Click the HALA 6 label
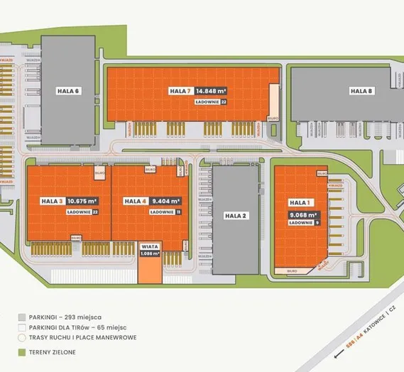pos(68,90)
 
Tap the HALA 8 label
pos(361,90)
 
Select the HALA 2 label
pos(234,215)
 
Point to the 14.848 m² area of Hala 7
pos(212,91)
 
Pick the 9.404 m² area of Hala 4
pos(166,201)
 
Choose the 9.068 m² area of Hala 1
pos(302,213)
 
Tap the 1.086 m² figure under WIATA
pos(150,253)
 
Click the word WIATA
pos(150,246)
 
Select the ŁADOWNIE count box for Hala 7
pos(224,102)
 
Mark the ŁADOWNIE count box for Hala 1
pos(316,223)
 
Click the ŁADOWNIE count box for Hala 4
pos(178,212)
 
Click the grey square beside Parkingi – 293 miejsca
pos(23,317)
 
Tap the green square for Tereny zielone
pos(23,351)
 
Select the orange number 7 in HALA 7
pos(190,91)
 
